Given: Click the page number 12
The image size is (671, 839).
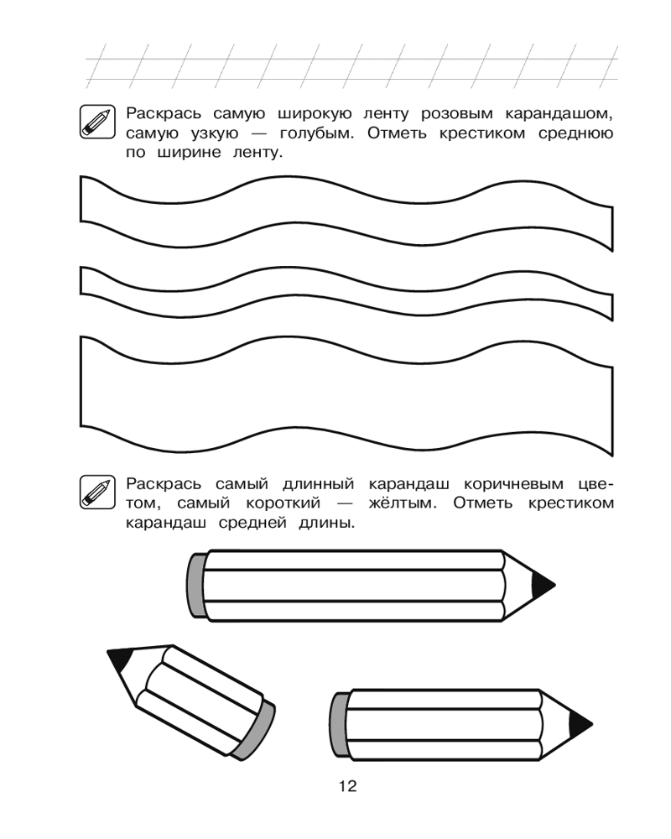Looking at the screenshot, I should point(348,786).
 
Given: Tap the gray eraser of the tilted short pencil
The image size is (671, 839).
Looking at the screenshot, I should point(257,728).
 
